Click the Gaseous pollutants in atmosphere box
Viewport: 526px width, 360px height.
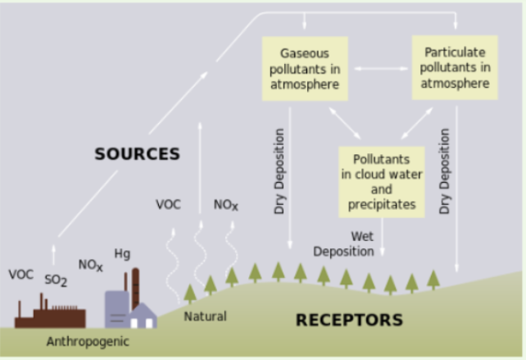305,69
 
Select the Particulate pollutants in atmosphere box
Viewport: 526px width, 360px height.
455,67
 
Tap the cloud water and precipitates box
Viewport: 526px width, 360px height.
382,182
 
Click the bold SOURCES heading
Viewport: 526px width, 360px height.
137,154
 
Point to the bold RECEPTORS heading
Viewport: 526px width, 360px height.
349,320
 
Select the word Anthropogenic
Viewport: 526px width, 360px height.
88,341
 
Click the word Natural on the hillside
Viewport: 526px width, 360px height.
206,317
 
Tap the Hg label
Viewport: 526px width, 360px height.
122,253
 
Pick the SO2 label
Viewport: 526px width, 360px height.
56,280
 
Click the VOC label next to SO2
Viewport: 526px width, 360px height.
20,275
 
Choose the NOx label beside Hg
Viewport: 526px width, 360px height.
91,265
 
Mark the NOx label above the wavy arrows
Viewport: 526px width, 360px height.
226,205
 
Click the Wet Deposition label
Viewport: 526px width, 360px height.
343,244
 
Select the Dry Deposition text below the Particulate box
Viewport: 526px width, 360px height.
444,171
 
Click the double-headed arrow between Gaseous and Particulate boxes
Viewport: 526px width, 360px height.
381,69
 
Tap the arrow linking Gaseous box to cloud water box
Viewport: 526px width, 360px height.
345,123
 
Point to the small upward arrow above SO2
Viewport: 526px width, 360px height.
53,255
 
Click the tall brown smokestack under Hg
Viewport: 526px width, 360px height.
135,288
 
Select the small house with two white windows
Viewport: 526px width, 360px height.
143,316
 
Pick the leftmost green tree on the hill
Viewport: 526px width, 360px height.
190,294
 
